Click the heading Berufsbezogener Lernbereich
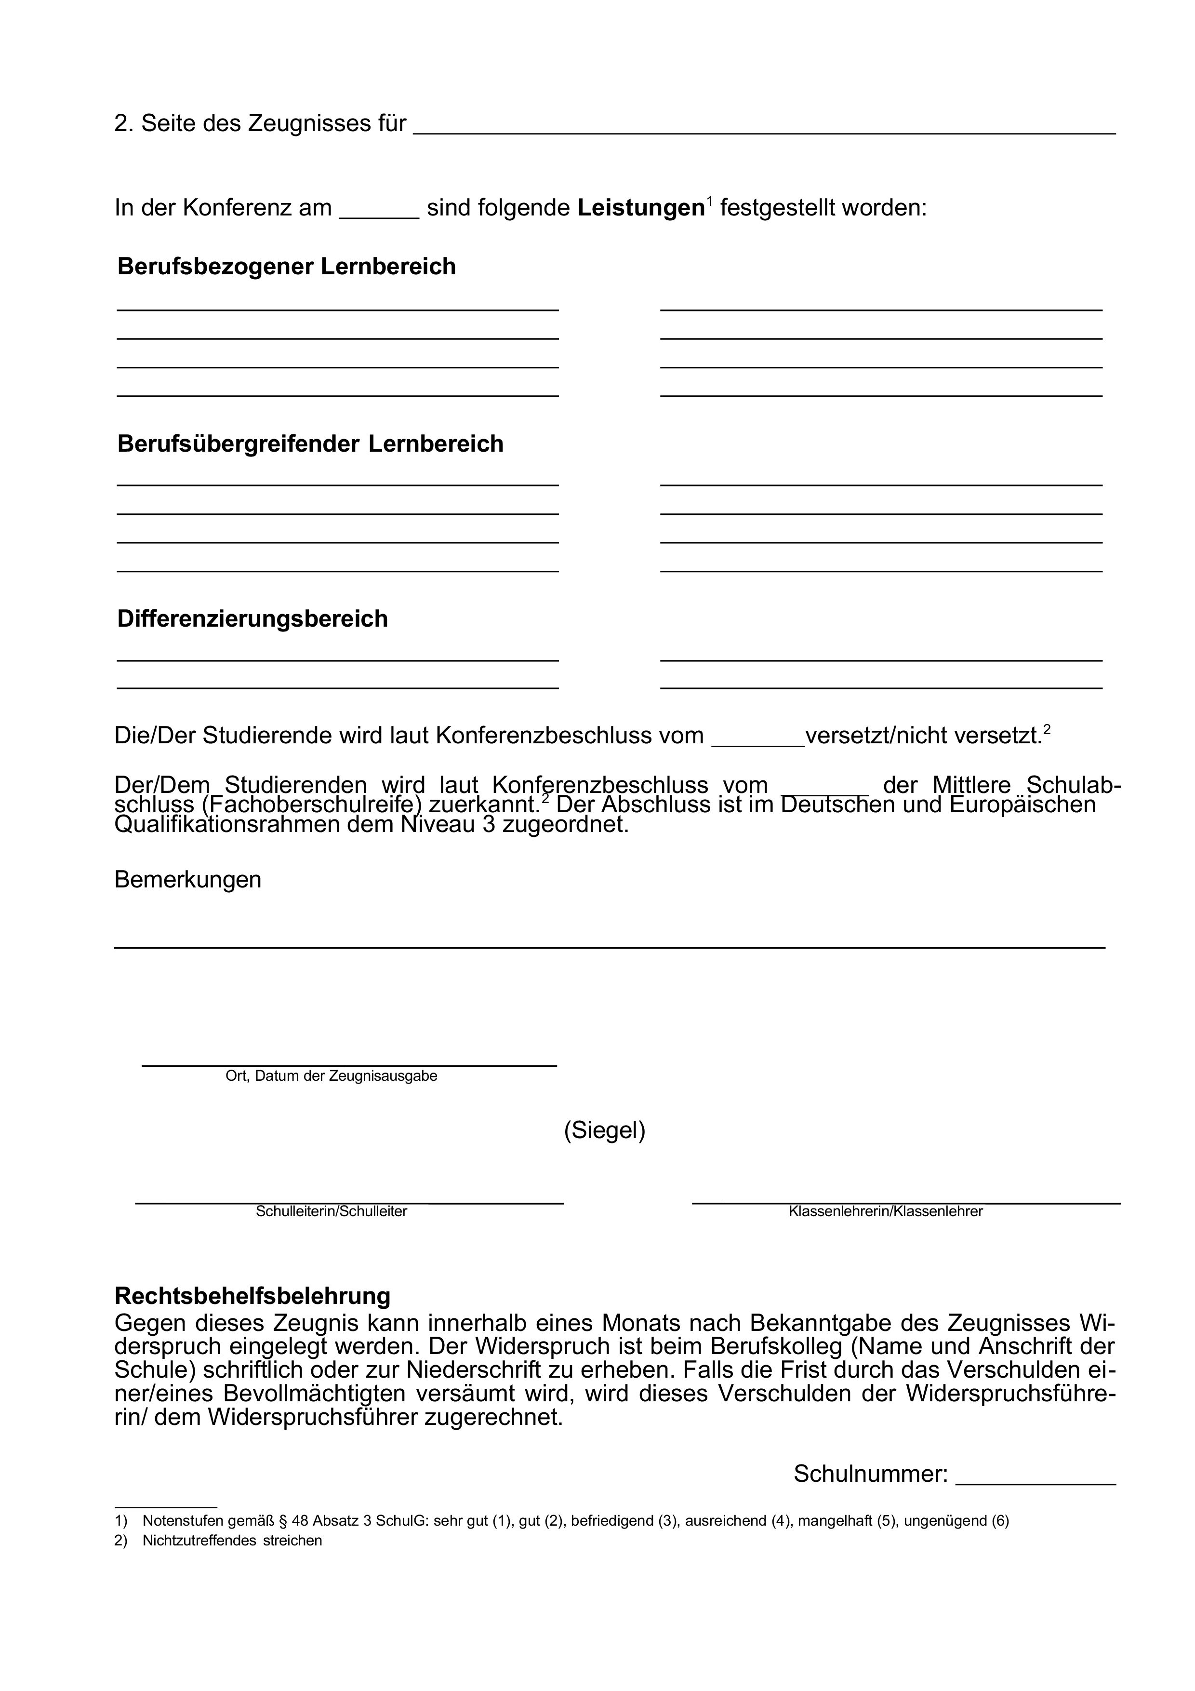click(286, 267)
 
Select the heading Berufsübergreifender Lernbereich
click(310, 444)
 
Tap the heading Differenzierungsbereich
click(252, 618)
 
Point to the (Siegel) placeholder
click(605, 1130)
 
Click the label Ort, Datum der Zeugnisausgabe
click(332, 1076)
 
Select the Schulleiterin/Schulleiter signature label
click(332, 1211)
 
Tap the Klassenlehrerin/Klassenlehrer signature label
click(885, 1211)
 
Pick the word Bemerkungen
click(188, 879)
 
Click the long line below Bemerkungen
click(609, 946)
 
